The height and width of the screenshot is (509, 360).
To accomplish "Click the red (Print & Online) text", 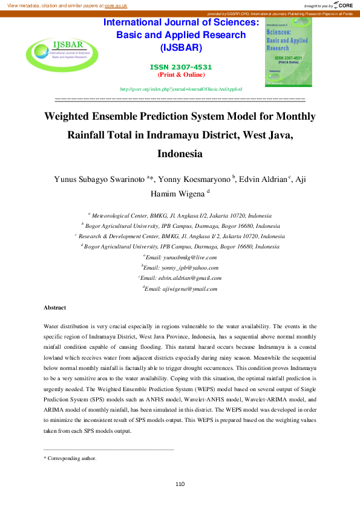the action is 181,75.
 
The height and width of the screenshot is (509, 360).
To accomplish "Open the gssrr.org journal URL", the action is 181,89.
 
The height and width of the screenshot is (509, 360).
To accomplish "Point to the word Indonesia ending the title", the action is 180,153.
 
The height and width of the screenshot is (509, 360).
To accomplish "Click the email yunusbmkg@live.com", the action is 181,257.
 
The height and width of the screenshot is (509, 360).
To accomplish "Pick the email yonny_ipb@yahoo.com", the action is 181,267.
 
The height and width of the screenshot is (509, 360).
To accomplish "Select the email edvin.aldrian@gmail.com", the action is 182,278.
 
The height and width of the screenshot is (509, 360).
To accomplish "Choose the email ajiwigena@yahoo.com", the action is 181,288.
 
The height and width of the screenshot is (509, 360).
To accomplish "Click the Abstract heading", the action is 54,308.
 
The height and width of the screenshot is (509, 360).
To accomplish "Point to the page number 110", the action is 180,484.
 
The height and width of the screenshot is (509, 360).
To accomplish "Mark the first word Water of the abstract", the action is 52,325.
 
